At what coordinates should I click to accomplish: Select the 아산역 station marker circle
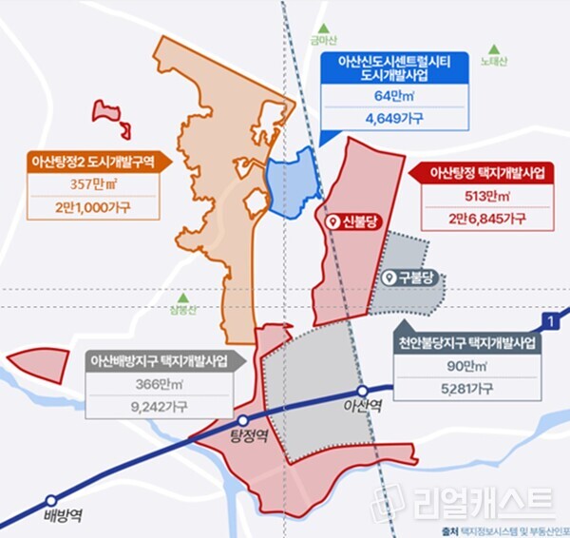tap(362, 391)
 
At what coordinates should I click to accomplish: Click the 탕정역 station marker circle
tap(243, 421)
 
